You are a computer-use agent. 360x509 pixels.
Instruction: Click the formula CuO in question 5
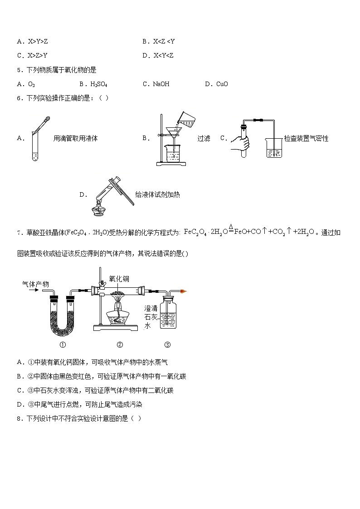(222, 84)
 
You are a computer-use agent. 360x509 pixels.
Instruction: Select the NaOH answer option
(161, 84)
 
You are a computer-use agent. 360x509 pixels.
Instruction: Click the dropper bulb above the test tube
(46, 120)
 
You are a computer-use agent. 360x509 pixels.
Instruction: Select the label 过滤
(204, 139)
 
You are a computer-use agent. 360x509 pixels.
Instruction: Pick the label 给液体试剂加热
(157, 194)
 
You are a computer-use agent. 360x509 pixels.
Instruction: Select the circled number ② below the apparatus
(120, 345)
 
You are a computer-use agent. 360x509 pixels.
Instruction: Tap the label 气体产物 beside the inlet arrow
(35, 284)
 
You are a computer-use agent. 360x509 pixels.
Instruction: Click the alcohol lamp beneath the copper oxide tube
(119, 315)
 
